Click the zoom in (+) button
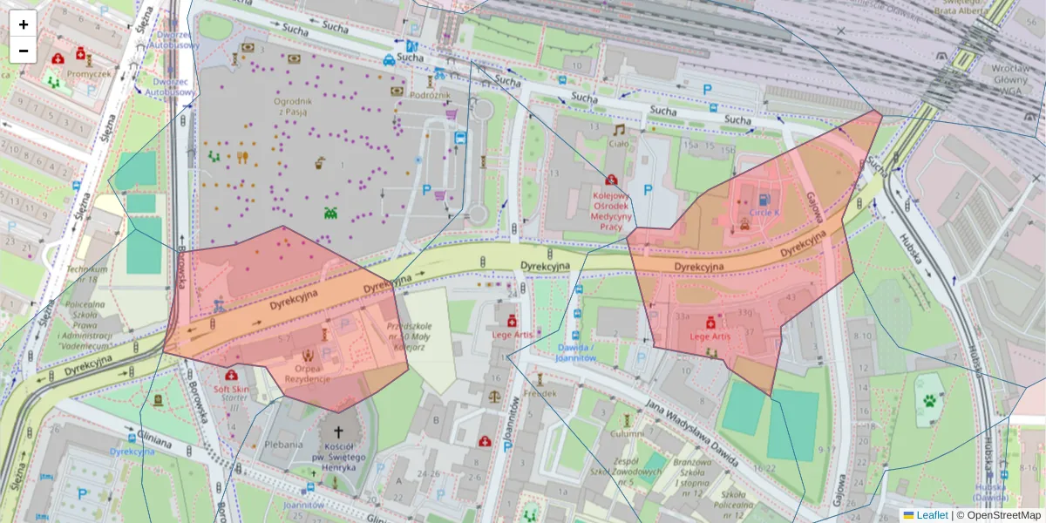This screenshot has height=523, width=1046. click(24, 24)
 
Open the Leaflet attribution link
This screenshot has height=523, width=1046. click(931, 515)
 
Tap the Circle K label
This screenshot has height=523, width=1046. click(764, 212)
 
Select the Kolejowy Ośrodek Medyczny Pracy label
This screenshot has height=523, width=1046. click(611, 212)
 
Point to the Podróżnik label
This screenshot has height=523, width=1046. click(430, 93)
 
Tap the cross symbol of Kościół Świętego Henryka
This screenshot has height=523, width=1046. click(337, 431)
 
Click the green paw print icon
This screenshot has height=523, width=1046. click(931, 401)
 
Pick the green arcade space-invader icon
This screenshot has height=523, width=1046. click(331, 212)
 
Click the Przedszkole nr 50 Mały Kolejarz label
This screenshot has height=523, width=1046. click(405, 336)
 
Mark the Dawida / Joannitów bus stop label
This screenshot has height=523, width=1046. click(575, 350)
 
